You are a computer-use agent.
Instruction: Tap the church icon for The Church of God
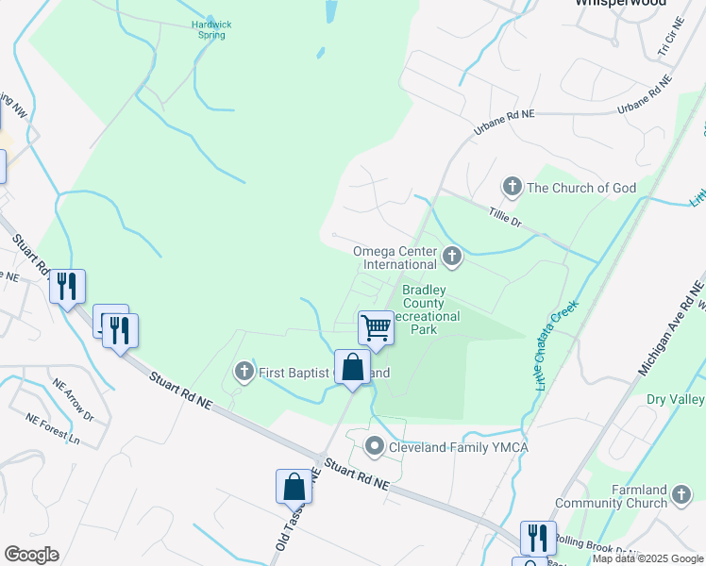(x=513, y=187)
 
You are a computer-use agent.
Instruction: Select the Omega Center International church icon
(x=453, y=254)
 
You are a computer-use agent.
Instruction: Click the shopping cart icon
(x=376, y=328)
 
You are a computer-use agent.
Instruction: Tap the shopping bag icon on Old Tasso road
(x=294, y=487)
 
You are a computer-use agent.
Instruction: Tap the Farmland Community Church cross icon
(x=681, y=491)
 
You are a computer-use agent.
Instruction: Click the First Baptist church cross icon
(x=244, y=372)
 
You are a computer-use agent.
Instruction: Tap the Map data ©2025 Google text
(x=647, y=558)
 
